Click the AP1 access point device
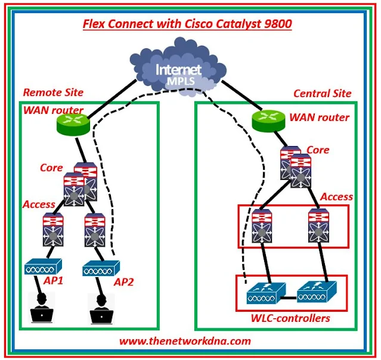(x=43, y=268)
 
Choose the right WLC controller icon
(x=315, y=292)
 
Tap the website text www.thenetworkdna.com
(x=185, y=341)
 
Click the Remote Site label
(x=53, y=92)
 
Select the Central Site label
(x=322, y=94)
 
